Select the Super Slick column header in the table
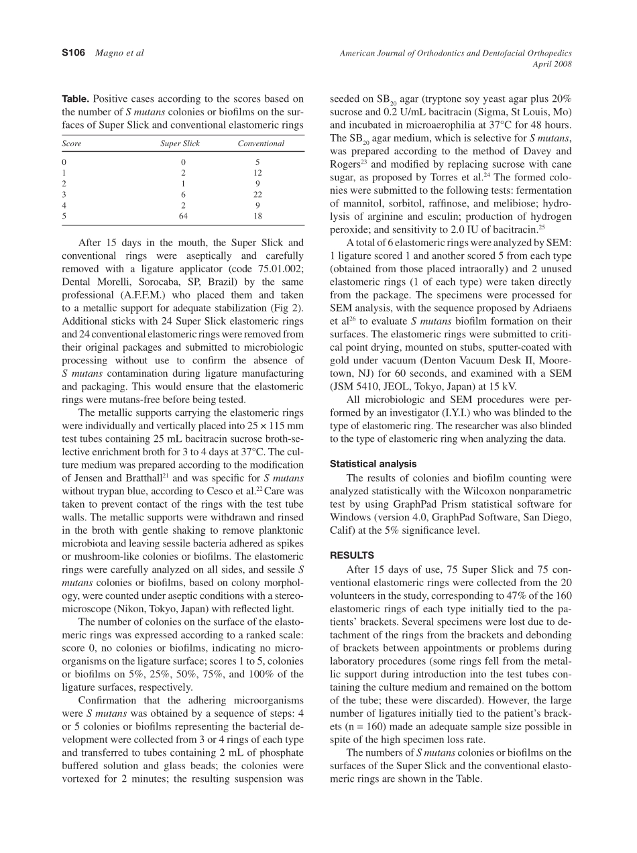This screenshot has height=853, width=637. pyautogui.click(x=180, y=144)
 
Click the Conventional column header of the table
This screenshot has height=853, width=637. pyautogui.click(x=261, y=144)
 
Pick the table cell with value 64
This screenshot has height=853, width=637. pyautogui.click(x=183, y=217)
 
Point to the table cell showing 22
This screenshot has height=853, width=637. pyautogui.click(x=258, y=194)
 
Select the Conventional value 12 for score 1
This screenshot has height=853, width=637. pyautogui.click(x=258, y=173)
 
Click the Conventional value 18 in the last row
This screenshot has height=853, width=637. pyautogui.click(x=258, y=217)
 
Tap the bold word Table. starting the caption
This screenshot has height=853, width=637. pyautogui.click(x=76, y=99)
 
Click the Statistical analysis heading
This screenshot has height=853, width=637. pyautogui.click(x=373, y=463)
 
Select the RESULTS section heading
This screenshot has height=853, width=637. pyautogui.click(x=352, y=556)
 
